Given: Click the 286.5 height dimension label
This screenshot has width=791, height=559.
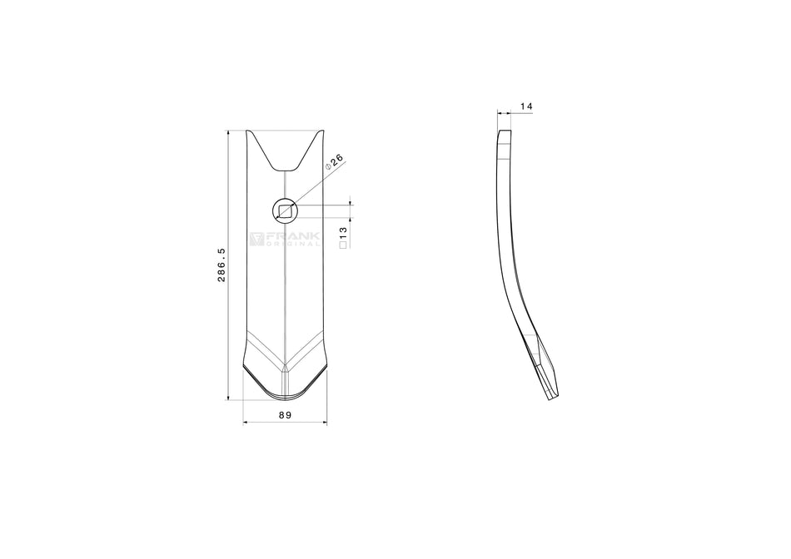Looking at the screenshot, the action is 221,265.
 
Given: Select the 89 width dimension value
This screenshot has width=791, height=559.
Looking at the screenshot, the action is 285,415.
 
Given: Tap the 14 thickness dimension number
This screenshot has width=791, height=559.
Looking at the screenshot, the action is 526,106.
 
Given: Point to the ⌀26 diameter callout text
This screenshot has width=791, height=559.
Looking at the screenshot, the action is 334,161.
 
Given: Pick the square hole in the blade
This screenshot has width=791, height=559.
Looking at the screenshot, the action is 285,211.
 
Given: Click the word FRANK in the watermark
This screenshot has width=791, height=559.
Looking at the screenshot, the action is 292,236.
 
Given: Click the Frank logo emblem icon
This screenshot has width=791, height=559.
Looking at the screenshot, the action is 256,239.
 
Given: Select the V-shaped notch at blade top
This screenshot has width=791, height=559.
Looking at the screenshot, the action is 285,151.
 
